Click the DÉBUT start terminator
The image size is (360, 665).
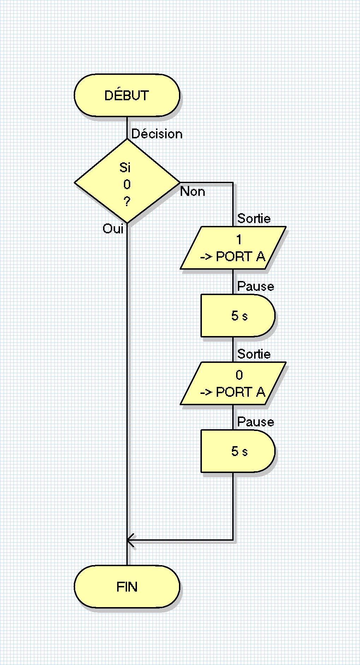[x=127, y=95]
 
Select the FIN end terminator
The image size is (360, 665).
[x=127, y=587]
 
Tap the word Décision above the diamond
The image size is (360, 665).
[x=157, y=134]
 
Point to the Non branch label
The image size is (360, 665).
[x=192, y=192]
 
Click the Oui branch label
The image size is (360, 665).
[x=113, y=229]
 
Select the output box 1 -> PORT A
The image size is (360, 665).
[x=233, y=248]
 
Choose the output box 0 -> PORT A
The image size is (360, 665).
[x=233, y=383]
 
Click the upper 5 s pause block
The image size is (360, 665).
[x=238, y=316]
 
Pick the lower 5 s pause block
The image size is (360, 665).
[x=238, y=451]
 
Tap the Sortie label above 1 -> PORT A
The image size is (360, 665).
[x=254, y=218]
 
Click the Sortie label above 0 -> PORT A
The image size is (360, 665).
[x=254, y=354]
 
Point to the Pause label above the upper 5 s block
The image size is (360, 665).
[x=256, y=286]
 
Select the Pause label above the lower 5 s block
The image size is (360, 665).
[x=256, y=422]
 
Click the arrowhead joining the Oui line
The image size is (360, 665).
[x=130, y=540]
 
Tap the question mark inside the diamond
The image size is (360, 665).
[x=127, y=202]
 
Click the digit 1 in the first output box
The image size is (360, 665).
[x=239, y=240]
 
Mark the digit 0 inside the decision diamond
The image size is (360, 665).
[x=127, y=184]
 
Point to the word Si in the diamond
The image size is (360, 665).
[x=125, y=168]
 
